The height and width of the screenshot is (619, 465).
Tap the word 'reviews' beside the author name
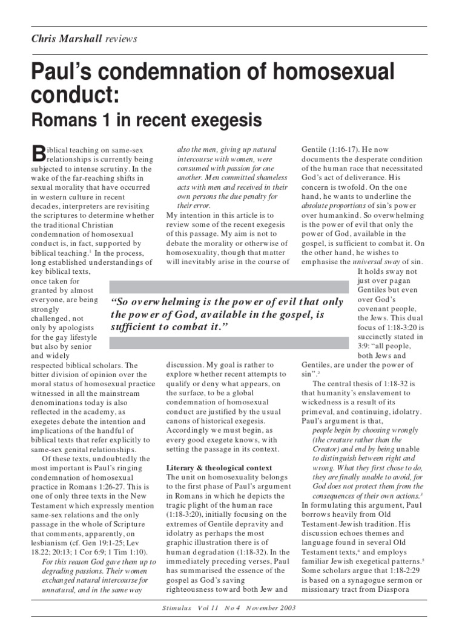pos(121,39)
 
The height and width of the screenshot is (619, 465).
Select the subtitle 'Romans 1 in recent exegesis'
pos(147,121)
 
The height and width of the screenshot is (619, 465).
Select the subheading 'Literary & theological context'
pos(219,468)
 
